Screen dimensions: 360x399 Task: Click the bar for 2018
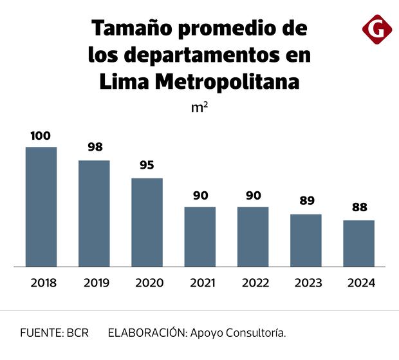pos(41,207)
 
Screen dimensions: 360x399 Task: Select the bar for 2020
pos(147,222)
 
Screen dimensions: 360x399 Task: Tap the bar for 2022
pos(253,236)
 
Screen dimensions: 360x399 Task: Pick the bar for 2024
pos(358,243)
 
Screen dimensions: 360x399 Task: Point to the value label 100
pos(41,136)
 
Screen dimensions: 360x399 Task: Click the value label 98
pos(95,147)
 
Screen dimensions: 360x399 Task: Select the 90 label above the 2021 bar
pos(200,195)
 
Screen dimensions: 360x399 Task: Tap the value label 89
pos(306,201)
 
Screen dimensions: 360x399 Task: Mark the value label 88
pos(359,208)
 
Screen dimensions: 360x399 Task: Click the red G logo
pos(377,29)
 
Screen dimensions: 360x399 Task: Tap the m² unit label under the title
pos(199,108)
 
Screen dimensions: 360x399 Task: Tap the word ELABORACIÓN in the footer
pos(147,333)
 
